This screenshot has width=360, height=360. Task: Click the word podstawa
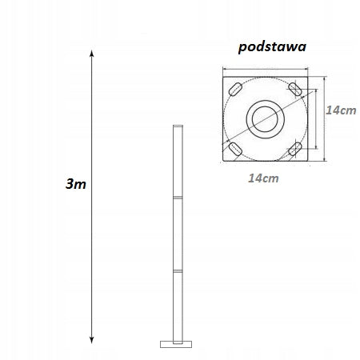coord(273,46)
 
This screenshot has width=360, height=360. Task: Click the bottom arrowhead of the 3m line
coord(93,338)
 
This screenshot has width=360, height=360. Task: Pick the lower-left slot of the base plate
coord(236,149)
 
